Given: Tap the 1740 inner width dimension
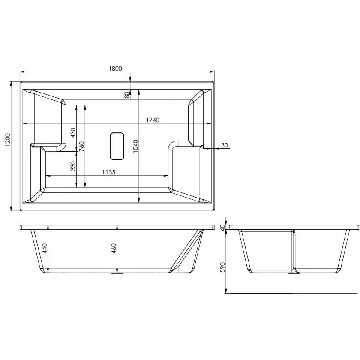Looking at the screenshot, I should [x=153, y=120].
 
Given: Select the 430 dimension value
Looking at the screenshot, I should [x=73, y=132].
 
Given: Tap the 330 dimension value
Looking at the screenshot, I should [x=73, y=166].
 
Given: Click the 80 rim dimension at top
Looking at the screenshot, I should [x=127, y=95].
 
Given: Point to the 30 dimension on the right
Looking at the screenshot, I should [x=224, y=145].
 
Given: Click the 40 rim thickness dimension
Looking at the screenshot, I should [x=222, y=227].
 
